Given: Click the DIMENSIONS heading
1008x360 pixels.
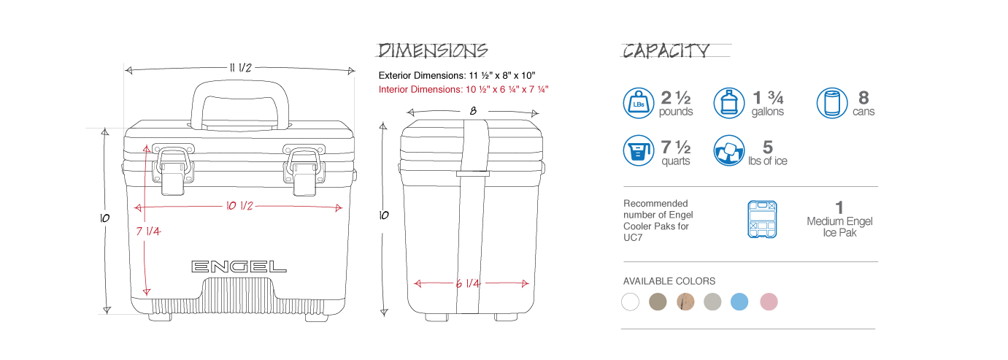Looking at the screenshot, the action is point(432,50).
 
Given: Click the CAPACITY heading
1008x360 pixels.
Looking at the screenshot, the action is point(666,51).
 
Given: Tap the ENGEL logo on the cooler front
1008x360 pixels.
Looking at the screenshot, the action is point(239,267).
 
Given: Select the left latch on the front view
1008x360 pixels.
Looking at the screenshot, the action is point(173,169).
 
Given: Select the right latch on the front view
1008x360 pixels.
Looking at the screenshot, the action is point(304,169).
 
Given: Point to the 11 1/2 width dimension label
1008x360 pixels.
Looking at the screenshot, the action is point(241,68).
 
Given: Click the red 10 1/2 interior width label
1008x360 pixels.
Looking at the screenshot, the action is point(239,206).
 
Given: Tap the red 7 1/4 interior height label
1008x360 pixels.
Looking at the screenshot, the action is point(148,231).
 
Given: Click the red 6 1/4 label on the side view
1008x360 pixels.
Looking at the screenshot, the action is point(468,283).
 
